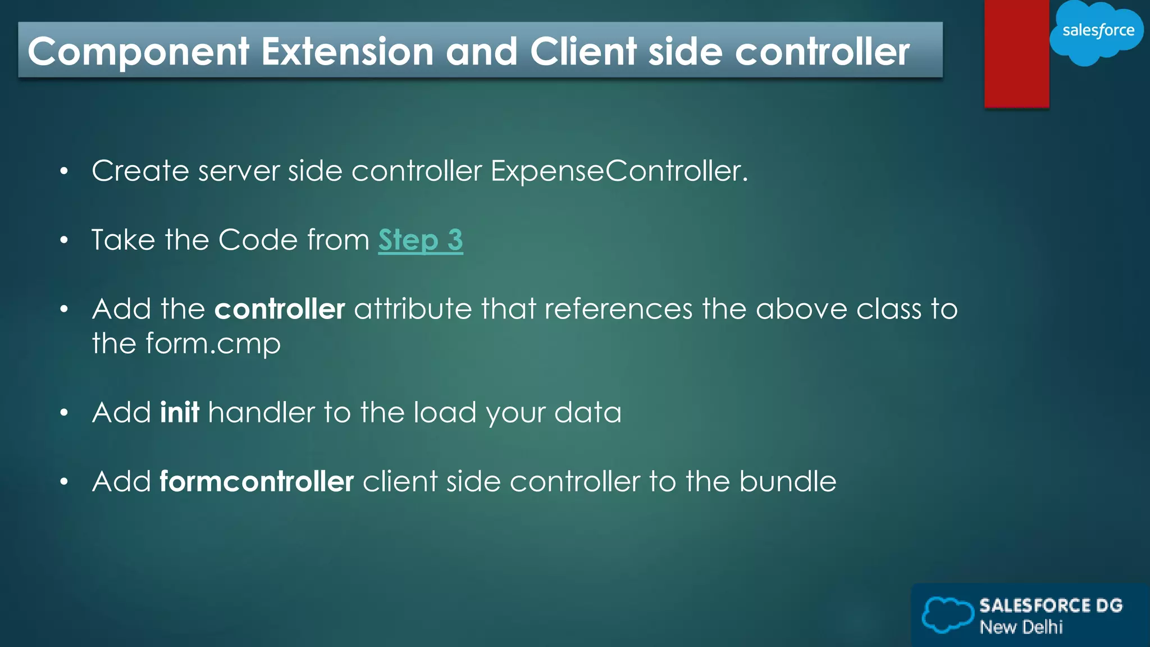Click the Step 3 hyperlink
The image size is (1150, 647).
tap(420, 240)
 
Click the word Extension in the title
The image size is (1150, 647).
tap(348, 52)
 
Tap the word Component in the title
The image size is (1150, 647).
tap(139, 52)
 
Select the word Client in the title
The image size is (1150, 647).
tap(583, 52)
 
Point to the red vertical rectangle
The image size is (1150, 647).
tap(1016, 53)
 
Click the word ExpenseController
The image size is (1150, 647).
tap(618, 171)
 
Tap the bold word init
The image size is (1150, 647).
tap(179, 412)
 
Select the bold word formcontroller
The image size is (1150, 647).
tap(257, 482)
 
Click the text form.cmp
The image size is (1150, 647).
tap(213, 344)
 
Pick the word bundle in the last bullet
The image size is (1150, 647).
tap(787, 482)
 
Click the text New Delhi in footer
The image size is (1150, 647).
tap(1021, 627)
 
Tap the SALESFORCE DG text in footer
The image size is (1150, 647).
tap(1051, 605)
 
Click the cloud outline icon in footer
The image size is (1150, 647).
tap(947, 614)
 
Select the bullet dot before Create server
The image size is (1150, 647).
tap(64, 171)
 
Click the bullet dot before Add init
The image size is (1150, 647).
tap(64, 413)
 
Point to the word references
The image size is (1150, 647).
tap(618, 309)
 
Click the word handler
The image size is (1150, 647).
tap(261, 412)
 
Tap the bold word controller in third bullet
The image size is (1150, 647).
tap(279, 309)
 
